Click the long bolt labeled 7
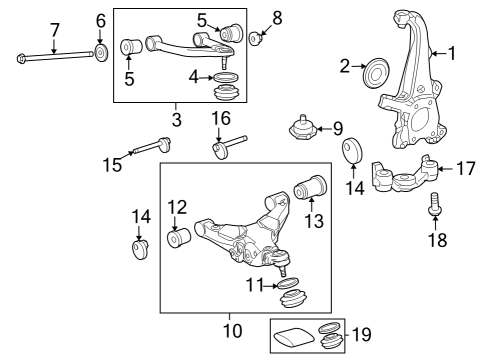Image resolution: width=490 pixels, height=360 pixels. [55, 56]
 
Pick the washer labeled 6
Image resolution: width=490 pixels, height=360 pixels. [101, 52]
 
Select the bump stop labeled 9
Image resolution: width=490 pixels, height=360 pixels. [303, 132]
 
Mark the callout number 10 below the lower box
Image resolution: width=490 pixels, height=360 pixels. [232, 329]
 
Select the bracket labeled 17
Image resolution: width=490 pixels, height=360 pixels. [405, 176]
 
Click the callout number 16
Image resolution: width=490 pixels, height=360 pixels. [220, 121]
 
